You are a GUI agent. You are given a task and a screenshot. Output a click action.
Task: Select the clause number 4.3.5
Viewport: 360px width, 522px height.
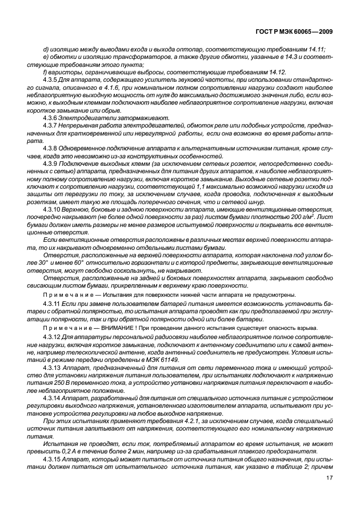coord(52,80)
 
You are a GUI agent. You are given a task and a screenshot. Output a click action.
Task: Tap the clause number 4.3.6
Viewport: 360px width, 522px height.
coord(52,117)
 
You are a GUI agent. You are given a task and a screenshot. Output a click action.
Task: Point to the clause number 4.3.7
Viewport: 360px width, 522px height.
coord(52,125)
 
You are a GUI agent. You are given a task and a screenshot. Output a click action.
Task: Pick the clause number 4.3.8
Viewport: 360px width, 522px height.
coord(52,148)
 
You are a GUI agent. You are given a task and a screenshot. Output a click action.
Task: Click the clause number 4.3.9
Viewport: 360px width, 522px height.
coord(52,163)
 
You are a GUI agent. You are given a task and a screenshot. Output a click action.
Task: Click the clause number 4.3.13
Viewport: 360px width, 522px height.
coord(54,365)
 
